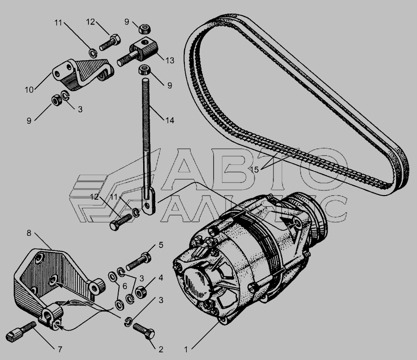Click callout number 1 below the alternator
pos(186,349)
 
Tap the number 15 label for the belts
pos(254,170)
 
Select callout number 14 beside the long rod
pos(170,120)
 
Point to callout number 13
pos(170,60)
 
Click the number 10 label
pos(29,90)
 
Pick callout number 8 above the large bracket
pos(29,233)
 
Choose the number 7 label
pos(60,349)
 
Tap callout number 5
pos(161,245)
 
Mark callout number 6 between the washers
pos(125,286)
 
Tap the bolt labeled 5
pos(138,261)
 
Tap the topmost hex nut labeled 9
pos(144,28)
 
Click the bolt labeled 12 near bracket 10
pos(110,42)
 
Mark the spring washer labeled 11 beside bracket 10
pos(93,52)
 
